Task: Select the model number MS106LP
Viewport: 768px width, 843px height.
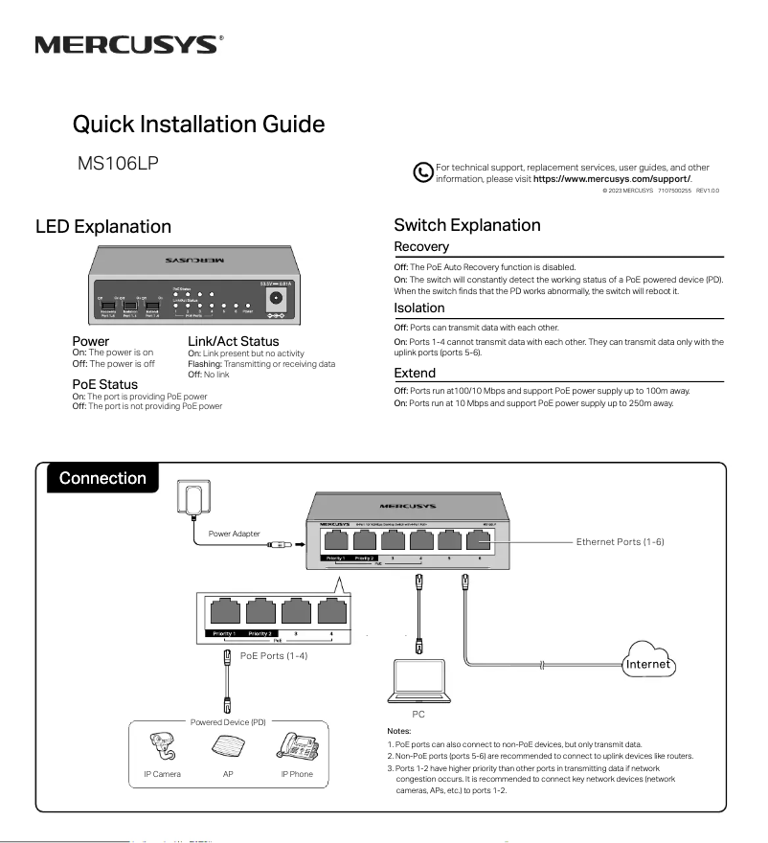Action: click(x=117, y=164)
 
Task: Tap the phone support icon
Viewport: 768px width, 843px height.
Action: click(x=422, y=172)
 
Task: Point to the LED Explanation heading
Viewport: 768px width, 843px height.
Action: click(x=103, y=227)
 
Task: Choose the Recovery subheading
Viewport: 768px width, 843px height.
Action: click(x=421, y=247)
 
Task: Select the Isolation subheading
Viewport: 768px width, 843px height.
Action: click(x=419, y=308)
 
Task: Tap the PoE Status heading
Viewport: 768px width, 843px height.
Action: click(x=105, y=385)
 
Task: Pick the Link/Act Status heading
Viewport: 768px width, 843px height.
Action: click(x=233, y=341)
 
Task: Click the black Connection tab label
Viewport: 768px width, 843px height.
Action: click(x=102, y=478)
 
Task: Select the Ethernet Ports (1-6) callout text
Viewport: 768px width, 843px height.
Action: click(x=620, y=542)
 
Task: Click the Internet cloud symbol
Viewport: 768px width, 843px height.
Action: click(x=647, y=663)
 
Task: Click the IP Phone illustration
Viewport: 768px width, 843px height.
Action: click(x=296, y=746)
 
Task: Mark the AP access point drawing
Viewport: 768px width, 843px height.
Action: click(x=227, y=747)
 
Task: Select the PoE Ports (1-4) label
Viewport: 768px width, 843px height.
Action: click(x=274, y=654)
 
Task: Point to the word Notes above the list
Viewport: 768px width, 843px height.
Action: click(x=399, y=729)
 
